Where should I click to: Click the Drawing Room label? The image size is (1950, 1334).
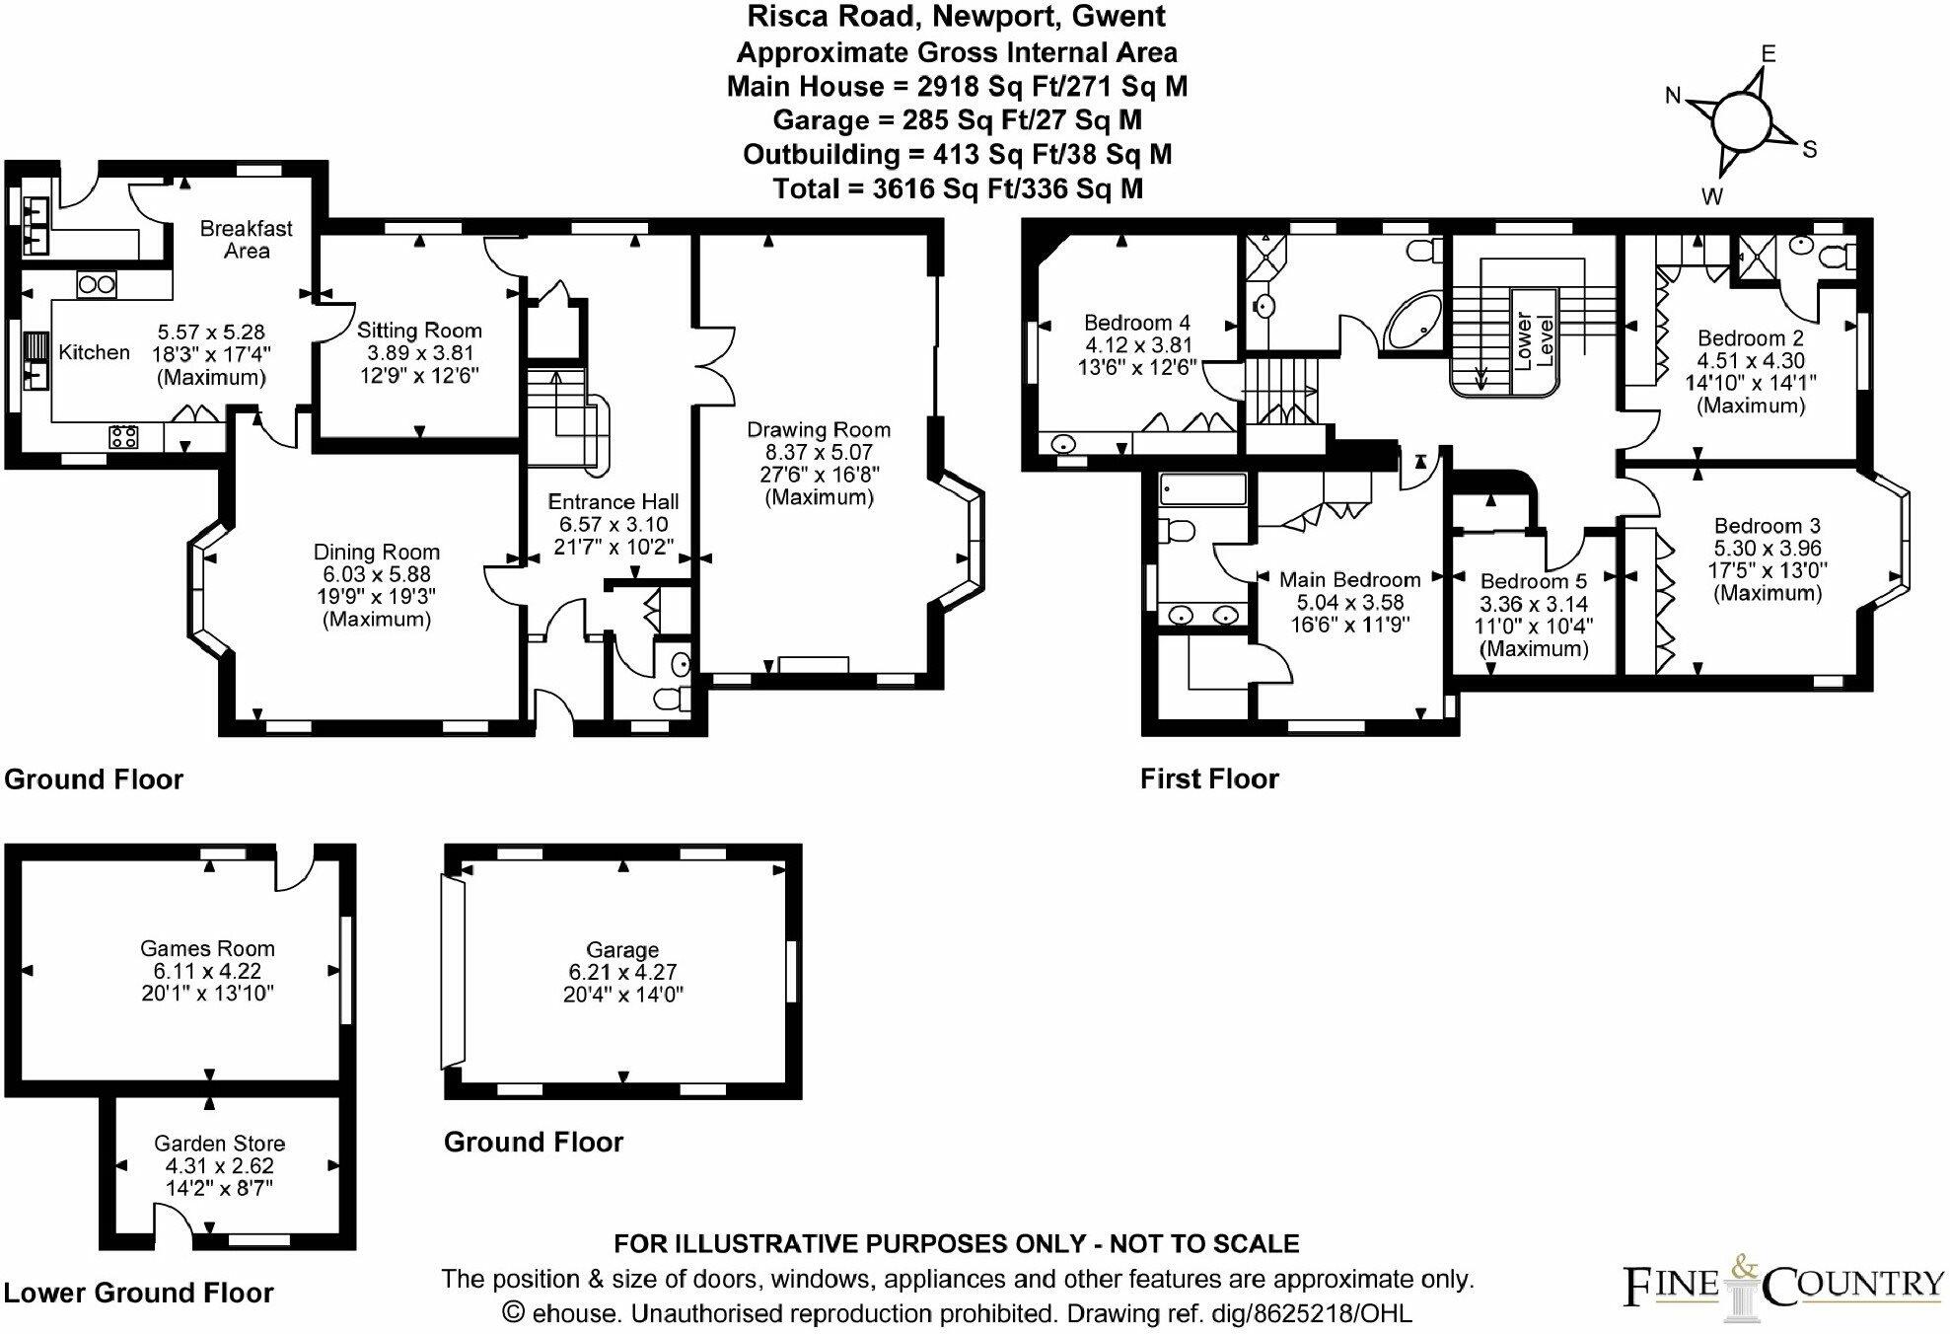[x=818, y=430]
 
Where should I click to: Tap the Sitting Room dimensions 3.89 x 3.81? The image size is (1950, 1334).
[x=419, y=353]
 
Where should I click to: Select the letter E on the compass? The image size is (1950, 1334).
[x=1769, y=54]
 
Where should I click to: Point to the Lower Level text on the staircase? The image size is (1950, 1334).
[x=1532, y=340]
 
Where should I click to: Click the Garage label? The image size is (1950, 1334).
[x=621, y=950]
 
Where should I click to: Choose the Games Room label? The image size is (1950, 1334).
[x=207, y=948]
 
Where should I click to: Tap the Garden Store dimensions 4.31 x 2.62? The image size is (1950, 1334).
[x=219, y=1166]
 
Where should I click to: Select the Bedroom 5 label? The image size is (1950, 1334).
[x=1533, y=581]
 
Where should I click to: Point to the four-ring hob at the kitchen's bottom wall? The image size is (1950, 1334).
[x=123, y=436]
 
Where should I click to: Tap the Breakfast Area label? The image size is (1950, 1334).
[x=246, y=240]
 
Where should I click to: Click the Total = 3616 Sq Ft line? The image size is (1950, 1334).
[x=958, y=188]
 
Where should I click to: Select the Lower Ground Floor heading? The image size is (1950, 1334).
[x=139, y=1293]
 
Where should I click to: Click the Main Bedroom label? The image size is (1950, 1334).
[x=1349, y=580]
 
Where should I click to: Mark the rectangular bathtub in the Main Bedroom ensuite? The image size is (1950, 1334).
[x=1203, y=488]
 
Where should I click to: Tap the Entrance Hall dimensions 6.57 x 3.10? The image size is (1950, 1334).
[x=613, y=524]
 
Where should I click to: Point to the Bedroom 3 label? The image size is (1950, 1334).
[x=1767, y=526]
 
